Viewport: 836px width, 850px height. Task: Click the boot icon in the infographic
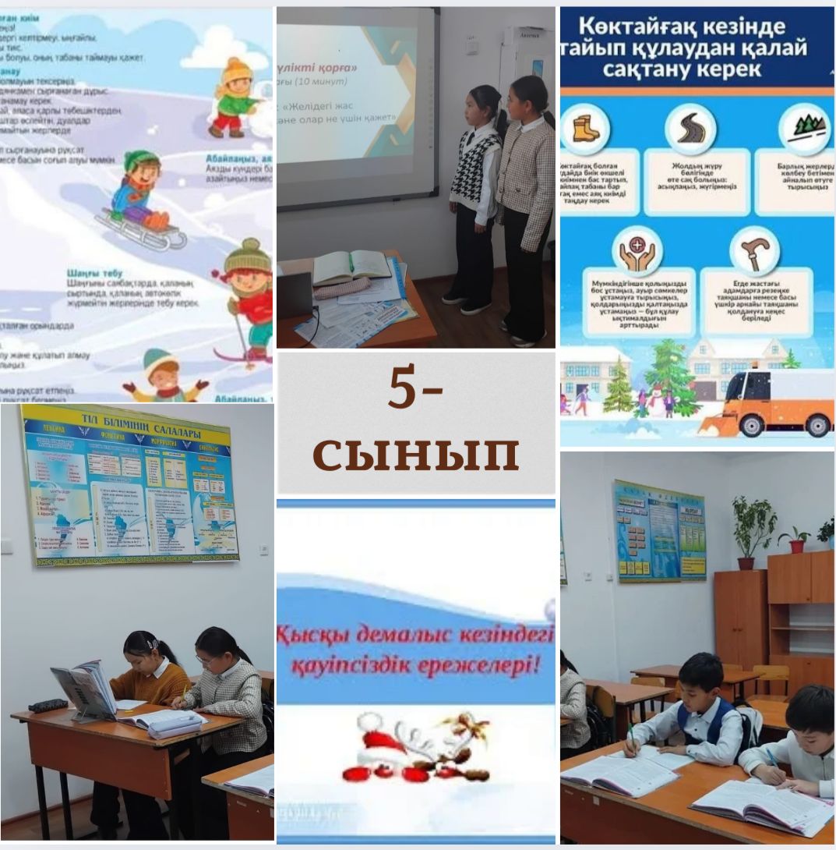[x=585, y=129]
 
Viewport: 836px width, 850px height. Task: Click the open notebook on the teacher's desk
[x=352, y=267]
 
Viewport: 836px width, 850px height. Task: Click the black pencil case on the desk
[x=48, y=706]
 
